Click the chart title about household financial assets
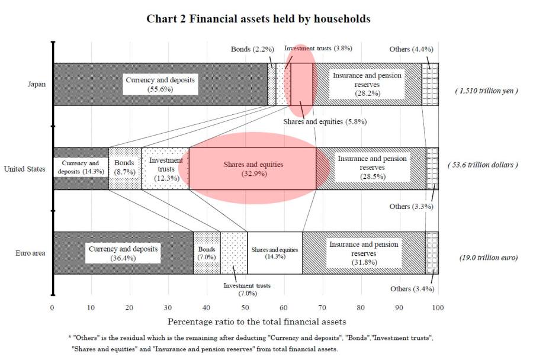pos(258,19)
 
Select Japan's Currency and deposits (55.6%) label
pos(160,84)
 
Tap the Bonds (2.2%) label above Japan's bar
pos(252,49)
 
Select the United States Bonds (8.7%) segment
pos(125,168)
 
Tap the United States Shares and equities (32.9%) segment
pos(253,169)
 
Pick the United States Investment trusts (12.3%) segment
pos(165,168)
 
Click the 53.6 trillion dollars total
pos(483,165)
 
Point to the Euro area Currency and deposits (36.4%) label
pos(123,253)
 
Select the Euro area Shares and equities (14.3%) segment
pos(275,253)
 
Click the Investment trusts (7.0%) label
pos(247,289)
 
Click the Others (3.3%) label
pos(412,207)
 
